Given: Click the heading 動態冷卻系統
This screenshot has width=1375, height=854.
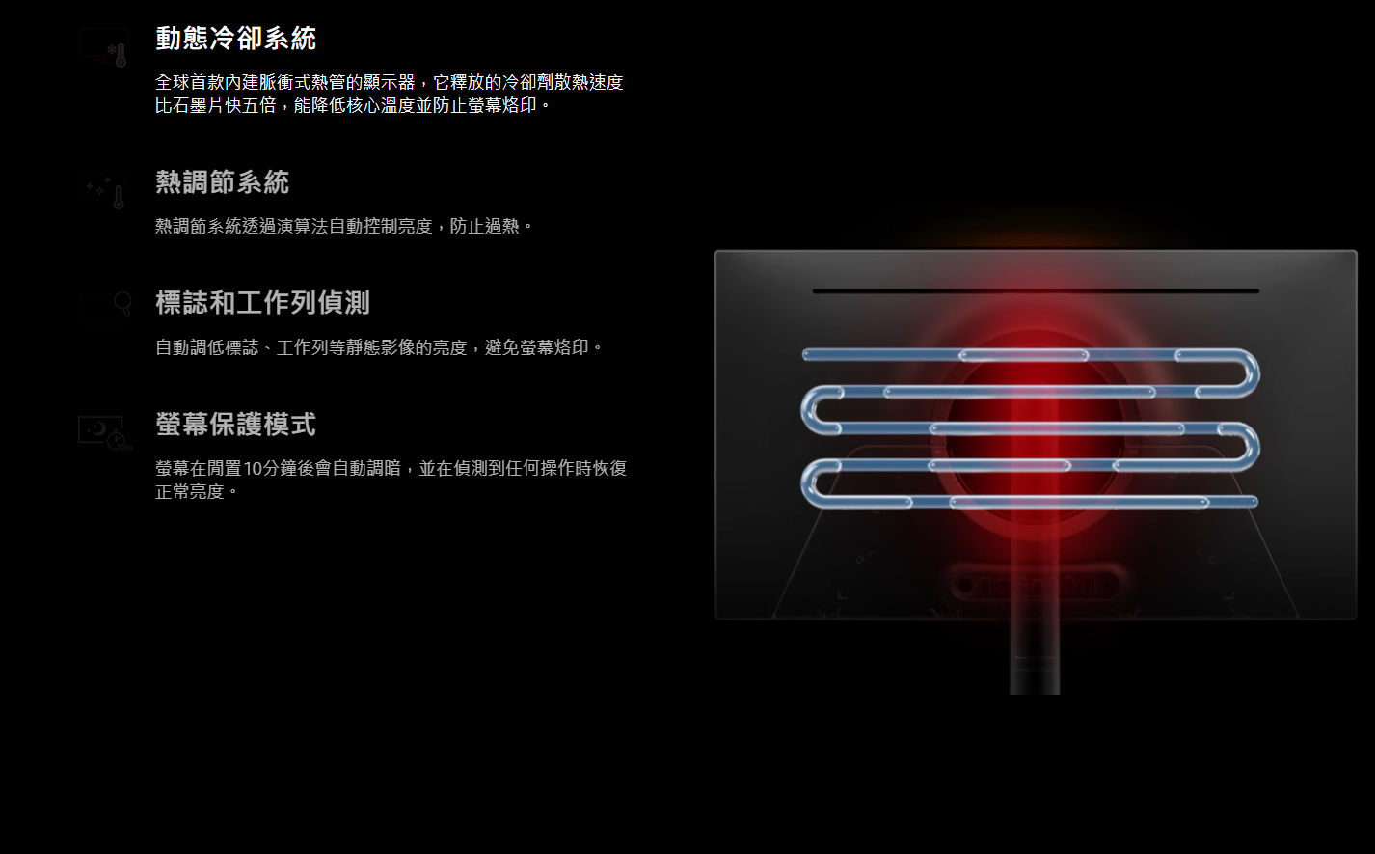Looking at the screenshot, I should (x=235, y=39).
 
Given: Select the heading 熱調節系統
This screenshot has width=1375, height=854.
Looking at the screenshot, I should (x=222, y=182).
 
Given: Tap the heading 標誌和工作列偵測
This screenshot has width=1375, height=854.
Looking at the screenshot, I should (x=262, y=303).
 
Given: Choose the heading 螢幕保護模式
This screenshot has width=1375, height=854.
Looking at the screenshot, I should (x=235, y=425).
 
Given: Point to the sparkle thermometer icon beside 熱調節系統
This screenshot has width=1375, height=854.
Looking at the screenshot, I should (x=104, y=191).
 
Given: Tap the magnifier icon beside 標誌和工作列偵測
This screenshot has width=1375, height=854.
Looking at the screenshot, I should (x=105, y=306).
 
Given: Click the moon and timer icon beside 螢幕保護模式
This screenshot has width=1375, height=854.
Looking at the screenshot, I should (x=104, y=432).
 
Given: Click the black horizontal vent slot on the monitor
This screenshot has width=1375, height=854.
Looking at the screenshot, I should (x=1035, y=290).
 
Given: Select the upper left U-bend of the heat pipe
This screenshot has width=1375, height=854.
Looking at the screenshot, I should (x=810, y=410).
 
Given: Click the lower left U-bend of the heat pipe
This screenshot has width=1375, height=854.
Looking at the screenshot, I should (x=810, y=483).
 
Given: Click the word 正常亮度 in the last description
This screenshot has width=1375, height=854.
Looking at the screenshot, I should (x=190, y=492).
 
